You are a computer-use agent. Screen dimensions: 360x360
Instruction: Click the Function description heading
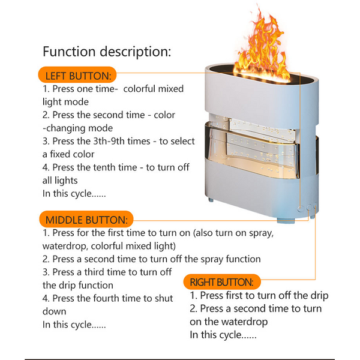(107, 52)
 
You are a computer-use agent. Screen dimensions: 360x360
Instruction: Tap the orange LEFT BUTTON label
(77, 75)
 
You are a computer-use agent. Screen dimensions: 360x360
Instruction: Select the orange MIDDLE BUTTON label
(86, 219)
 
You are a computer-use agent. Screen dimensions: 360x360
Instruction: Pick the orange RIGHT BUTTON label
(222, 282)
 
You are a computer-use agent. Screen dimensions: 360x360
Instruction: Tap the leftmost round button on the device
(301, 209)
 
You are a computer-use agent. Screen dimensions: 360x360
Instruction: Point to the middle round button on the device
(309, 207)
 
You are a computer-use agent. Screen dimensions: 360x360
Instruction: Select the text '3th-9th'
(109, 141)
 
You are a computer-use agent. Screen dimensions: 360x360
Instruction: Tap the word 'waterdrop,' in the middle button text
(65, 246)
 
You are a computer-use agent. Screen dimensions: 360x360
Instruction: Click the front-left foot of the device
(211, 200)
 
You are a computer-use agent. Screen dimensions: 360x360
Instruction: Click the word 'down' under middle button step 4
(54, 311)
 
